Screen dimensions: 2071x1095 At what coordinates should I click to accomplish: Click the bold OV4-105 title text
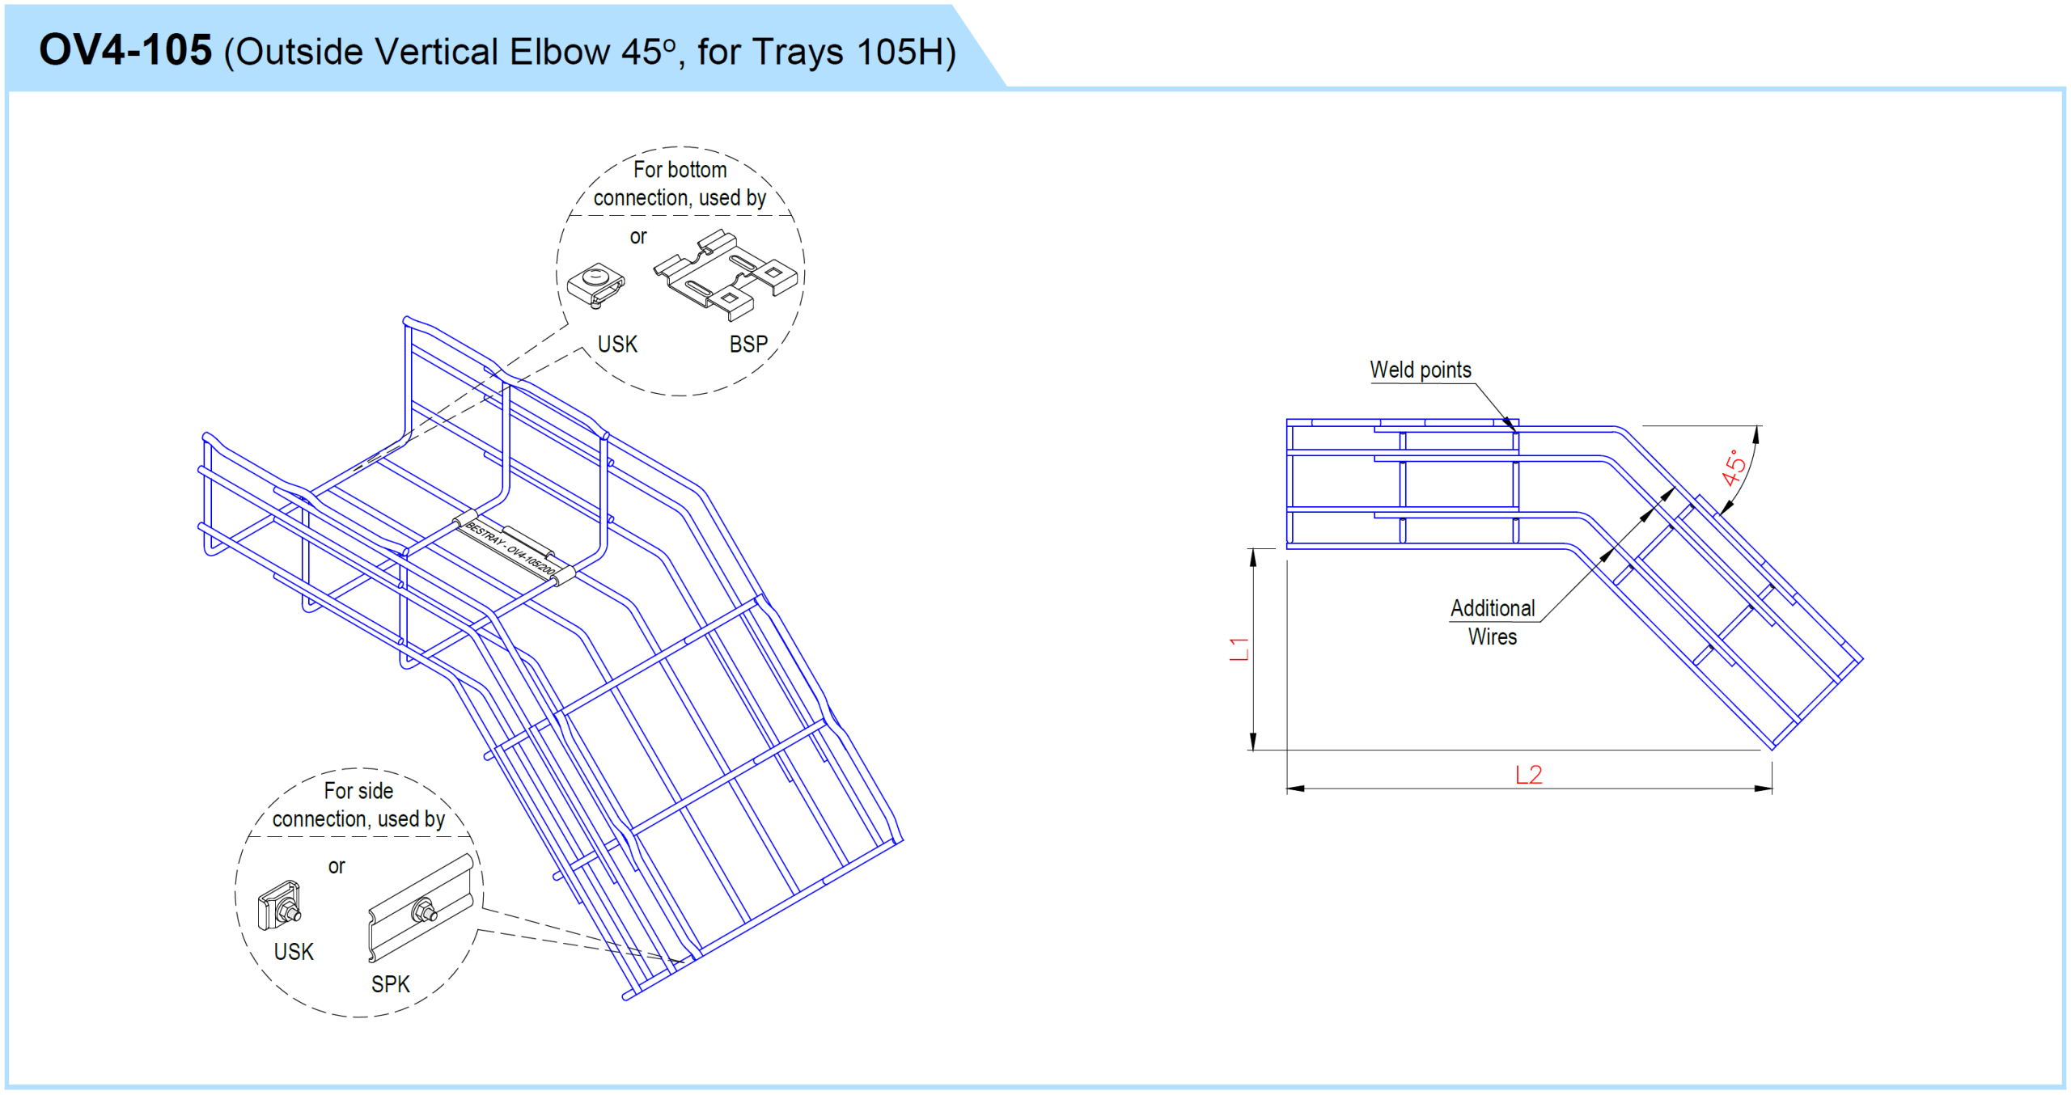coord(125,50)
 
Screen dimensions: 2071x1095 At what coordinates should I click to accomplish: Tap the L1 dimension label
coord(1239,649)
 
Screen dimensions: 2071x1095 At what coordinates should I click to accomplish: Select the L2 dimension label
coord(1528,775)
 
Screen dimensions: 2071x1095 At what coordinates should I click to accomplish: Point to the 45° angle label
coord(1733,467)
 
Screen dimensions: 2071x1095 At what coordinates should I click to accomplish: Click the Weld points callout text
coord(1421,370)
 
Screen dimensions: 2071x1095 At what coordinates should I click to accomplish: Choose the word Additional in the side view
coord(1493,608)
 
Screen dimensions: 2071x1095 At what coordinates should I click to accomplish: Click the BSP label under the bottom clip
coord(748,345)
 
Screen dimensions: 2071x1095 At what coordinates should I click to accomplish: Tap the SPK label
coord(391,984)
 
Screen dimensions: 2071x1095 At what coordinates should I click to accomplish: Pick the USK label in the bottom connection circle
coord(617,345)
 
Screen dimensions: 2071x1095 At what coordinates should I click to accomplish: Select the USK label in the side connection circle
coord(294,952)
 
